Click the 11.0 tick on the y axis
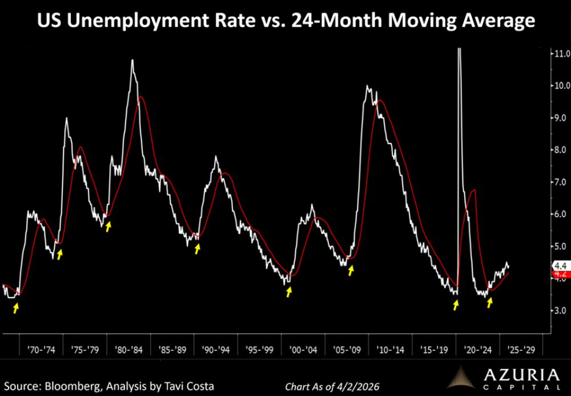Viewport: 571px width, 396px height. (560, 54)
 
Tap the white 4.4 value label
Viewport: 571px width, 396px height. (560, 266)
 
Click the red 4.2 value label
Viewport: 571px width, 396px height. (560, 274)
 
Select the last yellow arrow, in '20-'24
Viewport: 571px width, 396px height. (489, 303)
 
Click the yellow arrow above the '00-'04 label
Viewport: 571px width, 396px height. (289, 291)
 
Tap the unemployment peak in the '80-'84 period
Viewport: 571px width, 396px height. (132, 60)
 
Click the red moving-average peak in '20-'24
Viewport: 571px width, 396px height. (474, 189)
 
